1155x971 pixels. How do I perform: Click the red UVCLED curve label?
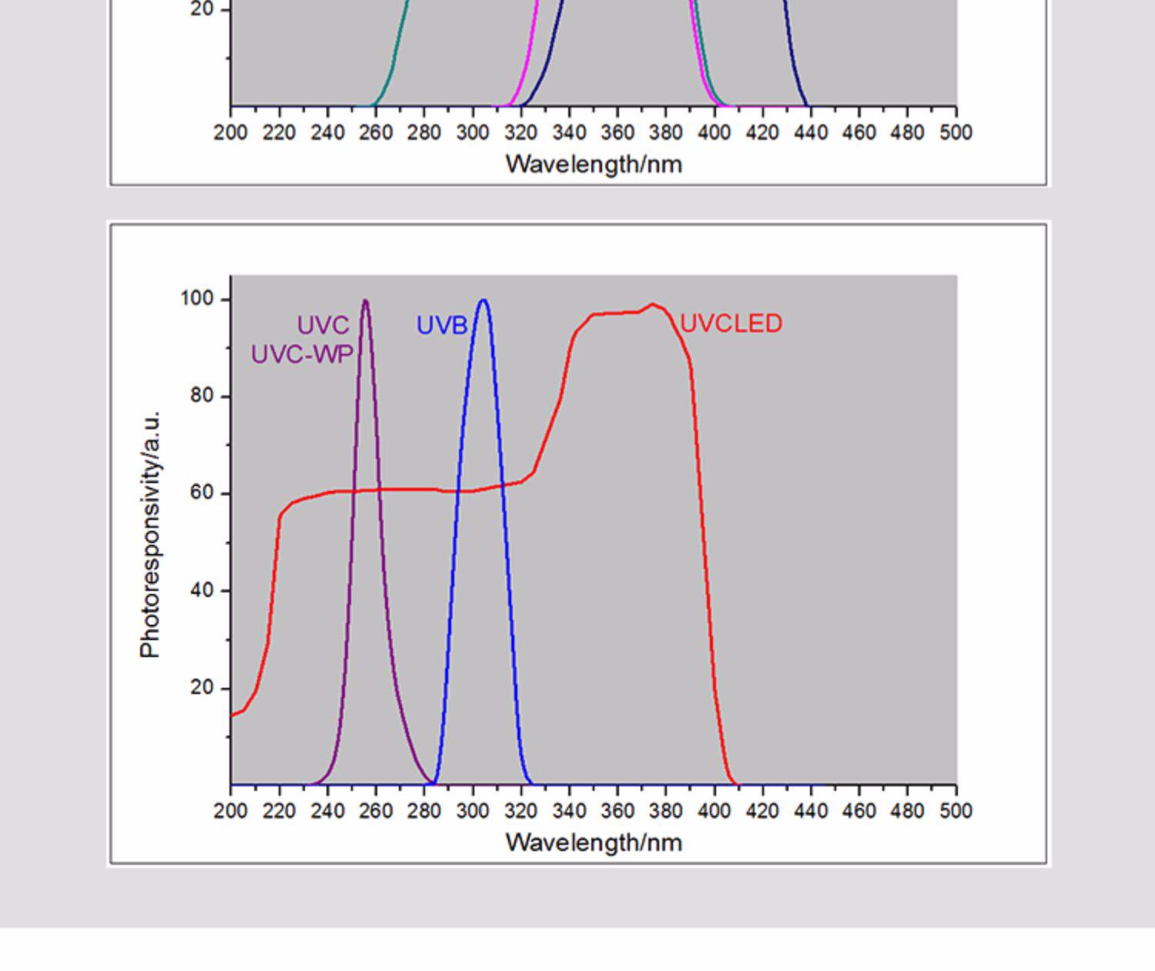tap(731, 323)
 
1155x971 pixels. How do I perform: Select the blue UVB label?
tap(441, 325)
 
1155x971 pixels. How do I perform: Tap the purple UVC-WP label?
tap(302, 355)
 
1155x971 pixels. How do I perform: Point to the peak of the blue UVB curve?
tap(484, 300)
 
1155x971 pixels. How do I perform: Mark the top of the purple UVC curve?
tap(365, 300)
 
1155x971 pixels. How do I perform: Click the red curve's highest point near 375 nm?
tap(653, 303)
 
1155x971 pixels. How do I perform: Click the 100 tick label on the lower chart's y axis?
tap(197, 299)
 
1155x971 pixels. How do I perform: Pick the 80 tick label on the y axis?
tap(201, 396)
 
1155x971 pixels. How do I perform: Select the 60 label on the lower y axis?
tap(201, 493)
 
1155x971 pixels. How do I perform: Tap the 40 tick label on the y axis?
tap(201, 591)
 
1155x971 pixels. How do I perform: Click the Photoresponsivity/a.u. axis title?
tap(150, 534)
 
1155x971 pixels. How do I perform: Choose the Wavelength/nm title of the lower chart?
tap(594, 842)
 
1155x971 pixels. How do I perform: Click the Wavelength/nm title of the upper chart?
tap(594, 165)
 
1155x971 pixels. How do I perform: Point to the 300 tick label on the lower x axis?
tap(473, 811)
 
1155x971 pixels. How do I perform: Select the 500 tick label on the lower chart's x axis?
tap(956, 811)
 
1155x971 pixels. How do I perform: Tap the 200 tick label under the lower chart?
tap(231, 811)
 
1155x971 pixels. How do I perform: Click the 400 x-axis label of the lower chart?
tap(714, 811)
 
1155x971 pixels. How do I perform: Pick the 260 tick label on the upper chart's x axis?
tap(376, 132)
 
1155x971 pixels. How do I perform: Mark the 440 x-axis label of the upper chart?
tap(811, 132)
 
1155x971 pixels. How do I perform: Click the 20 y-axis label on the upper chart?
tap(201, 9)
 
